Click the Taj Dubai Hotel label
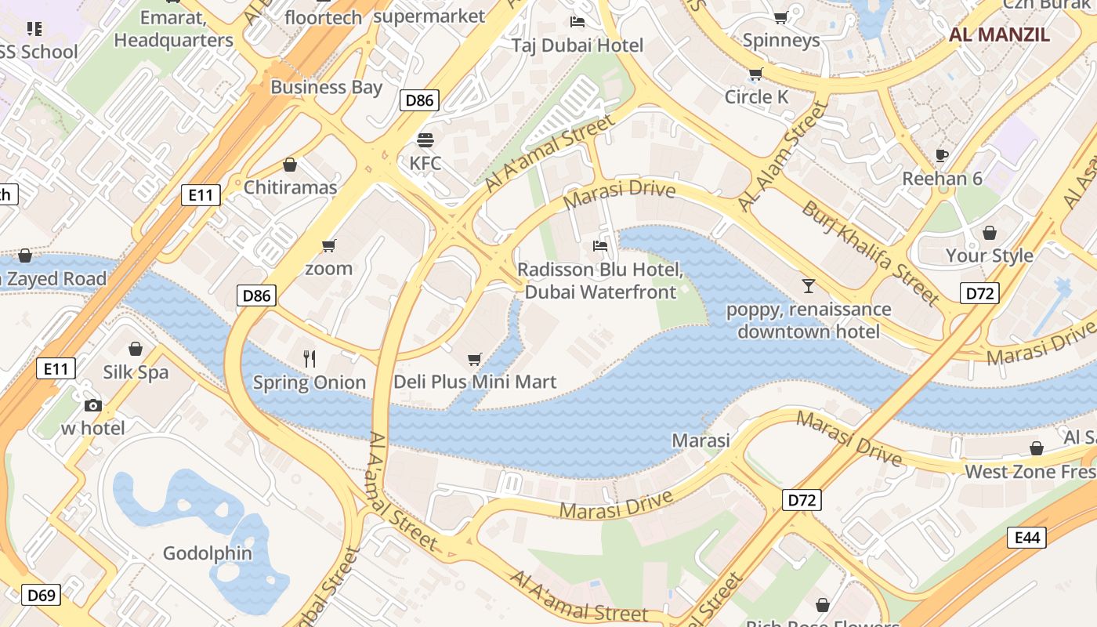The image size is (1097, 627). coord(577,45)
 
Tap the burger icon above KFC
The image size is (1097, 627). coord(425,140)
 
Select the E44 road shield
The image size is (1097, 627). coord(1026,537)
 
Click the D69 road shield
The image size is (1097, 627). coord(41,595)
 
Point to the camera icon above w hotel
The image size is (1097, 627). coord(93,405)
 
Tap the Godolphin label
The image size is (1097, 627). coord(208,553)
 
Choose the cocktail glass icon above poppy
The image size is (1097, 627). coord(808,286)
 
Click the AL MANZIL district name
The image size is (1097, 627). coord(999,34)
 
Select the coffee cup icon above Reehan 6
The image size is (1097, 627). coord(942,155)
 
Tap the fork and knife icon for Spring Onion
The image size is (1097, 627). coord(310,359)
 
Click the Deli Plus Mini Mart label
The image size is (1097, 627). coord(475,382)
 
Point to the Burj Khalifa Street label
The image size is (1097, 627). coord(870,252)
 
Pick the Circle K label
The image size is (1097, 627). coord(756,96)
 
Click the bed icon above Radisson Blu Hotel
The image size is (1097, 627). coord(600,246)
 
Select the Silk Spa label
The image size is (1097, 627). coord(136,371)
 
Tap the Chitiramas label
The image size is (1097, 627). coord(290,187)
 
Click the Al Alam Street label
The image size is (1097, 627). coord(783,157)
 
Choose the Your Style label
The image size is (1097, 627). coord(989,256)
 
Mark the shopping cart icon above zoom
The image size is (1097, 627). coord(329,245)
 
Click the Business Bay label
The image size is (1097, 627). coord(326,87)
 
